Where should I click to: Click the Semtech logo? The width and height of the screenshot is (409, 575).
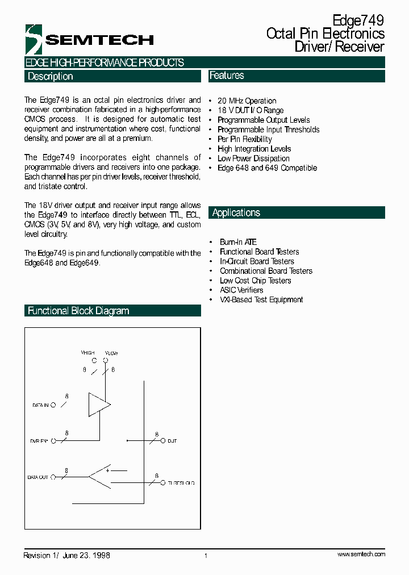89,39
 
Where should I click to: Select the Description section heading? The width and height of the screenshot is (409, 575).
51,76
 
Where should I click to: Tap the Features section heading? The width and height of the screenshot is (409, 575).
227,76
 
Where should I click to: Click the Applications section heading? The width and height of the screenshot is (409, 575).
236,213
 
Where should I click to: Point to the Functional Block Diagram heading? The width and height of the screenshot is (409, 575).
78,311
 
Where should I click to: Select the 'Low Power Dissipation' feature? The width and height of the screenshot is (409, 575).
253,159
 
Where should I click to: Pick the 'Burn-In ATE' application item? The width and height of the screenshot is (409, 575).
238,242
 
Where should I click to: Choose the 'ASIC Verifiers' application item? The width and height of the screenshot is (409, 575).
241,290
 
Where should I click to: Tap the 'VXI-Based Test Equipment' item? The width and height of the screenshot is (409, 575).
261,300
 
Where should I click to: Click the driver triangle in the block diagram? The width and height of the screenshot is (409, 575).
98,405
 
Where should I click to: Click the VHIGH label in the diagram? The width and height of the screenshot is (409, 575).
88,353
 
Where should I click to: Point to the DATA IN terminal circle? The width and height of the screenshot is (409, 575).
53,405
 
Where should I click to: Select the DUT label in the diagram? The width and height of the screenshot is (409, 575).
172,441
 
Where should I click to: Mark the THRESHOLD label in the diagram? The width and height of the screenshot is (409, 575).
181,483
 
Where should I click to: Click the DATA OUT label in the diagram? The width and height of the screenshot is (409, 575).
38,477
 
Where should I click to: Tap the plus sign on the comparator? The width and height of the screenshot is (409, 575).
107,470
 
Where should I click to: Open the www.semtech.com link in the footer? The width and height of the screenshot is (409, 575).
361,554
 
